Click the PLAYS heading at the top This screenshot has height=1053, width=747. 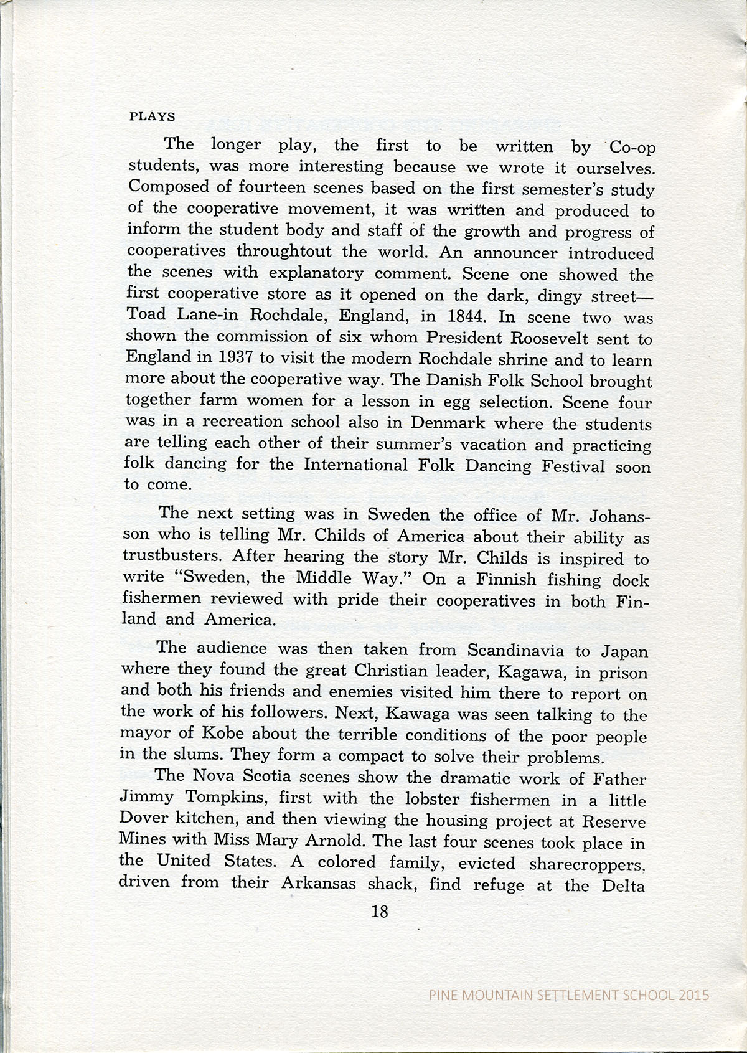[151, 116]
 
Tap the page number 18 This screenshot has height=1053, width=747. [378, 911]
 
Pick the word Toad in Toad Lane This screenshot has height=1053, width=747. [145, 314]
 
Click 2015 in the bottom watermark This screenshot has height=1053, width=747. [693, 994]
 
